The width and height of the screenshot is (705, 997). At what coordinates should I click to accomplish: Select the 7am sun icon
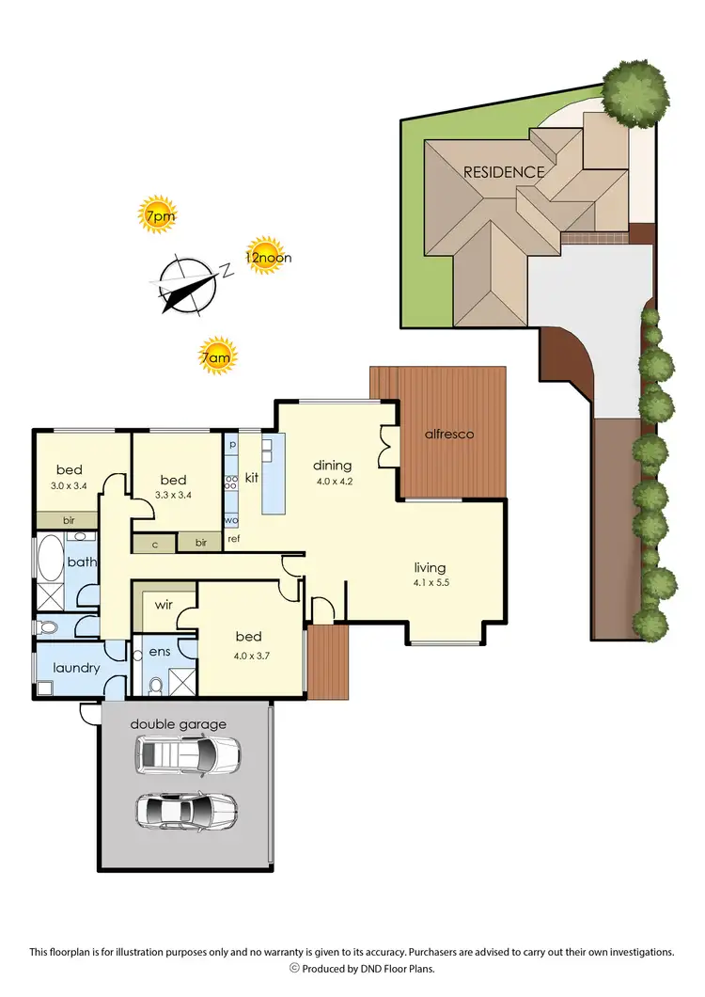(217, 356)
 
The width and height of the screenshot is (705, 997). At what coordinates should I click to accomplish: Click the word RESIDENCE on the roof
(503, 172)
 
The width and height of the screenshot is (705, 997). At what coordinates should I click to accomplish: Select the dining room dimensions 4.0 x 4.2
(332, 483)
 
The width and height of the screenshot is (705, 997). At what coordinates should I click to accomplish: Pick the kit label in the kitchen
(252, 478)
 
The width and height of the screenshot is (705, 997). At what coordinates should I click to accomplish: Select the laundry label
(76, 669)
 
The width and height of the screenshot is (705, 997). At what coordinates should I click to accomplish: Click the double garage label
(179, 724)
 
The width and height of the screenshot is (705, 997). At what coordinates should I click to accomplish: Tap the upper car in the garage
(187, 753)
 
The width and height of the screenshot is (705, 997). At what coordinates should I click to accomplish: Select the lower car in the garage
(187, 810)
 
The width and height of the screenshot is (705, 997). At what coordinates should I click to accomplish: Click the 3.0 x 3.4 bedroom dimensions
(69, 486)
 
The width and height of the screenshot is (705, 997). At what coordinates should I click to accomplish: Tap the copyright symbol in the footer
(293, 968)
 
